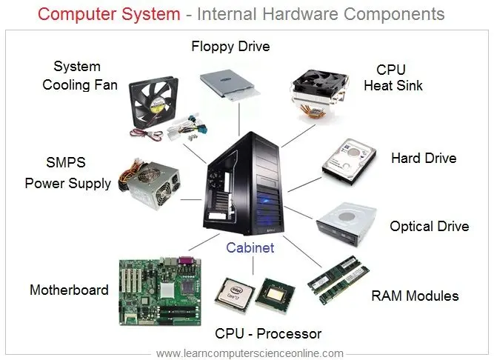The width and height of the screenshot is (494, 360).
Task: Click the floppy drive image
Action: point(230,85)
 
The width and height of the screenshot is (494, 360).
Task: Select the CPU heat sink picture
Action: point(319,96)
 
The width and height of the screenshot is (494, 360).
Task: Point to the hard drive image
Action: point(349,161)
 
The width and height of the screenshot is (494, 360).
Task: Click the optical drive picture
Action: point(347,224)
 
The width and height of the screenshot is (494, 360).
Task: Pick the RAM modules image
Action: point(338,280)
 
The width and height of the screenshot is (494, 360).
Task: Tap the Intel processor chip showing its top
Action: point(235,295)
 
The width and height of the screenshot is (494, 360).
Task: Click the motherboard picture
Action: point(160,291)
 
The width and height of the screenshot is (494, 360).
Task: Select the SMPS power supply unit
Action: point(150,184)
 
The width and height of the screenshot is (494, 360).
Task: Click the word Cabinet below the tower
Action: point(250,247)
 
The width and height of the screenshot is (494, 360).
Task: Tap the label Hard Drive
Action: point(424,158)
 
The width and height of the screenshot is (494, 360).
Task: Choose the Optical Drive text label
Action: point(430,227)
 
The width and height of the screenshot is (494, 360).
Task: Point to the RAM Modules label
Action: point(415,296)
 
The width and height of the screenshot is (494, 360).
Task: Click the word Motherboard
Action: point(69,290)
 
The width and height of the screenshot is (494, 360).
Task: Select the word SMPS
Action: point(66,162)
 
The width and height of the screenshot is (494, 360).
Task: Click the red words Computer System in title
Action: point(109,14)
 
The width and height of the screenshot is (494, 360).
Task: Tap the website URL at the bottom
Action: point(250,353)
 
